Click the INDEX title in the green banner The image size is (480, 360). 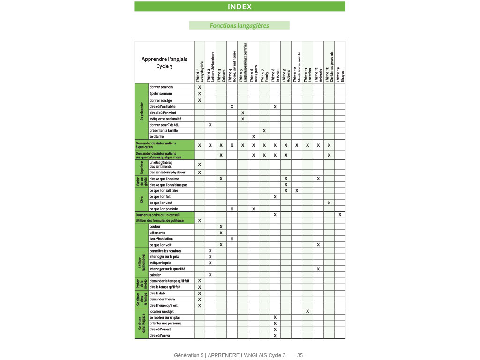click(240, 7)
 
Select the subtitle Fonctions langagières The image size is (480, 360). click(239, 26)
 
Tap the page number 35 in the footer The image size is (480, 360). click(300, 355)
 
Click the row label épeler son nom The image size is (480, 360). click(161, 94)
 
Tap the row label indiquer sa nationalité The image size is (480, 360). click(165, 119)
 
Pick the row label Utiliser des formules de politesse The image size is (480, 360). click(160, 220)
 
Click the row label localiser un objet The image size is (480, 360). click(162, 311)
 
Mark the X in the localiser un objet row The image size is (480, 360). click(307, 311)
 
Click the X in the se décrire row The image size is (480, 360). click(254, 137)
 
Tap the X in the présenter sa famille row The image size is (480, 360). click(264, 131)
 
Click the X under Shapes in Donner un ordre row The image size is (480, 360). click(340, 215)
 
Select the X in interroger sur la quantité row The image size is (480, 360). click(318, 269)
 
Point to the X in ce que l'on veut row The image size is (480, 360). click(329, 202)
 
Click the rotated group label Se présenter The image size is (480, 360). click(142, 112)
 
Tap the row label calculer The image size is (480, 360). click(155, 275)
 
